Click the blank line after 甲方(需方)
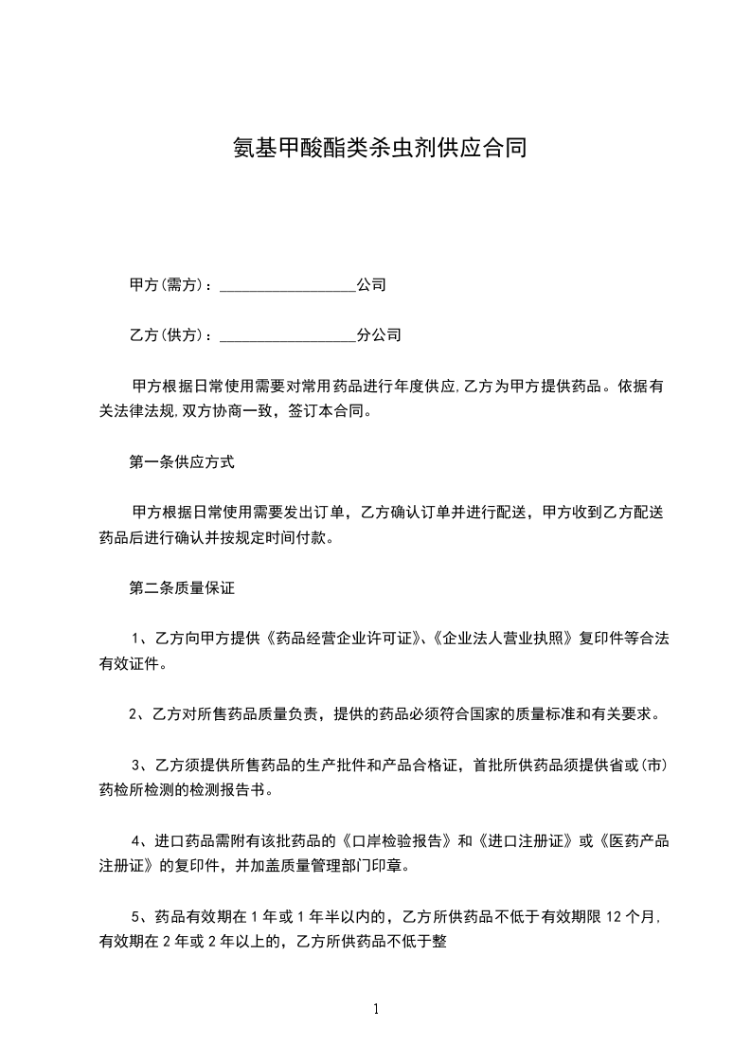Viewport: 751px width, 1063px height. point(288,285)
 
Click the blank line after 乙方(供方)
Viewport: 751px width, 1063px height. point(288,335)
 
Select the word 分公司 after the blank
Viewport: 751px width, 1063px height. point(379,335)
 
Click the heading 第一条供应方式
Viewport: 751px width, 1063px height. point(182,463)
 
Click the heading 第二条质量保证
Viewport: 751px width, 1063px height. point(182,587)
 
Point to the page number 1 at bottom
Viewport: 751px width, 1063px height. point(376,1010)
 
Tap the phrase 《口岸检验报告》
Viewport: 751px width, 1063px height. point(400,840)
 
